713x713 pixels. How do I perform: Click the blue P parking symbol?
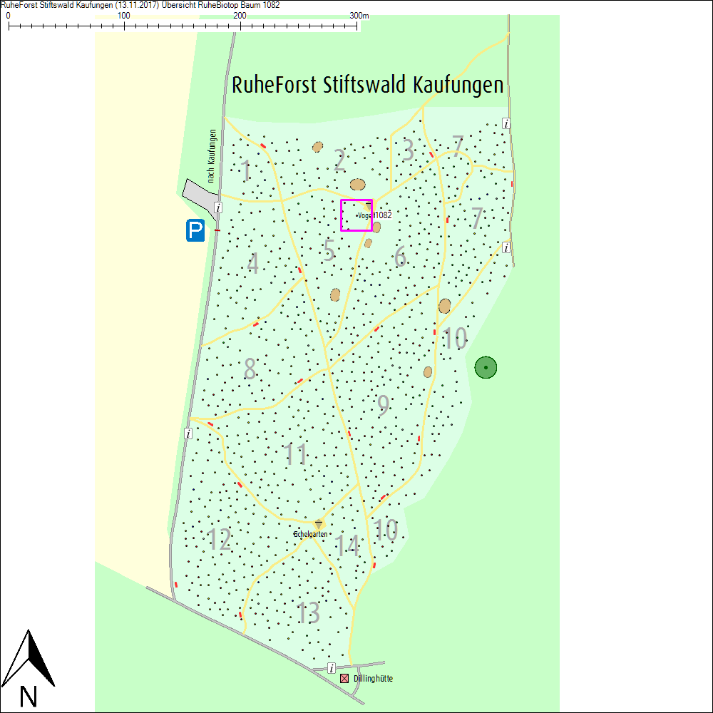point(195,230)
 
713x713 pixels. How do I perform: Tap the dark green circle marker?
point(486,367)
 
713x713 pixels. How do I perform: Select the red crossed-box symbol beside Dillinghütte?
point(345,679)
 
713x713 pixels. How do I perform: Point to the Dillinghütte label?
point(373,679)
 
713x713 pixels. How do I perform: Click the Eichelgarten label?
point(311,534)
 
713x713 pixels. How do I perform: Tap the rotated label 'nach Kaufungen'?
point(212,156)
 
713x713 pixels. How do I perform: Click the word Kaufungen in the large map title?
point(458,85)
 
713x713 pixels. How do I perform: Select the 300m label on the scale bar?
point(359,15)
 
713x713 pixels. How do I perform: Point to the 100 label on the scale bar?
point(123,15)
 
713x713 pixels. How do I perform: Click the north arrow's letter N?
point(29,696)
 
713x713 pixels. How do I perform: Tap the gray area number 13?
point(309,613)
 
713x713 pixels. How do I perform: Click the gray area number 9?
point(384,406)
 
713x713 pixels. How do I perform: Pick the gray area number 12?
point(220,540)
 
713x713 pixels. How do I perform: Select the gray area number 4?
point(253,264)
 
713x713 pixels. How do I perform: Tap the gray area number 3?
point(408,150)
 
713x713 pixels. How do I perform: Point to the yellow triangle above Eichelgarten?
point(319,524)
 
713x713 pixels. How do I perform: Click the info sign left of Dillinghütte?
point(332,668)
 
